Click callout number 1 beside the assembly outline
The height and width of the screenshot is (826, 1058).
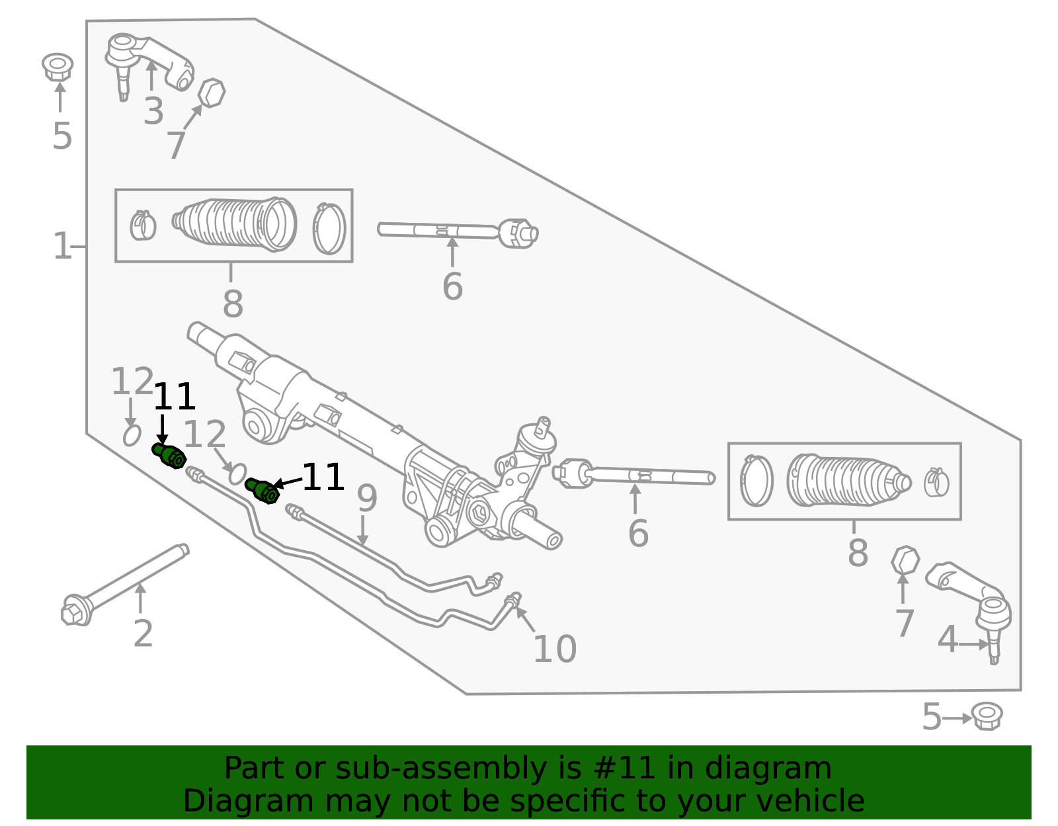[x=62, y=246]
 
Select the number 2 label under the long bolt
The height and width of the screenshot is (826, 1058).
[x=143, y=634]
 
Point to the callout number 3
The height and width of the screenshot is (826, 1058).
[x=153, y=112]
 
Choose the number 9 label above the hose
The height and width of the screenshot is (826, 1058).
[x=366, y=498]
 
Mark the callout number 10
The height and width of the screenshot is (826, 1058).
[x=555, y=649]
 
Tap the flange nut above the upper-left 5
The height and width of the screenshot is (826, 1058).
[x=58, y=66]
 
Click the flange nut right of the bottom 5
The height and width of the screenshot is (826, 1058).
[x=987, y=716]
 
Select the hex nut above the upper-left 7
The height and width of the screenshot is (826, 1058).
[x=212, y=93]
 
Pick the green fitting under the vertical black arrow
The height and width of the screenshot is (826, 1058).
[x=169, y=456]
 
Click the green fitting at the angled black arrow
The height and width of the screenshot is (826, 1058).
[x=261, y=491]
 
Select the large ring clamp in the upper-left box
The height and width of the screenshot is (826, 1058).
[x=329, y=228]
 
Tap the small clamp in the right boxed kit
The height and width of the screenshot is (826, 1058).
[x=936, y=482]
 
